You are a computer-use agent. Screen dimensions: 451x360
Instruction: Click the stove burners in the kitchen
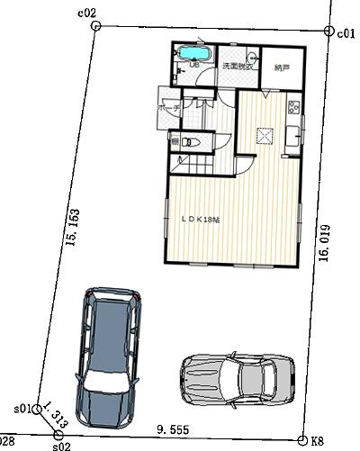[x=293, y=109]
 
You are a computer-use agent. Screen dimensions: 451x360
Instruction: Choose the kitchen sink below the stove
[x=293, y=137]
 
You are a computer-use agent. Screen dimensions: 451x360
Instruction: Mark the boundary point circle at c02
[x=95, y=27]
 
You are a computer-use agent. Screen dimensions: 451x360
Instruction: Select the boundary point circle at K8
[x=302, y=440]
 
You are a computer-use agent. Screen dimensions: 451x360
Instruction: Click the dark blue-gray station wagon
[x=108, y=356]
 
